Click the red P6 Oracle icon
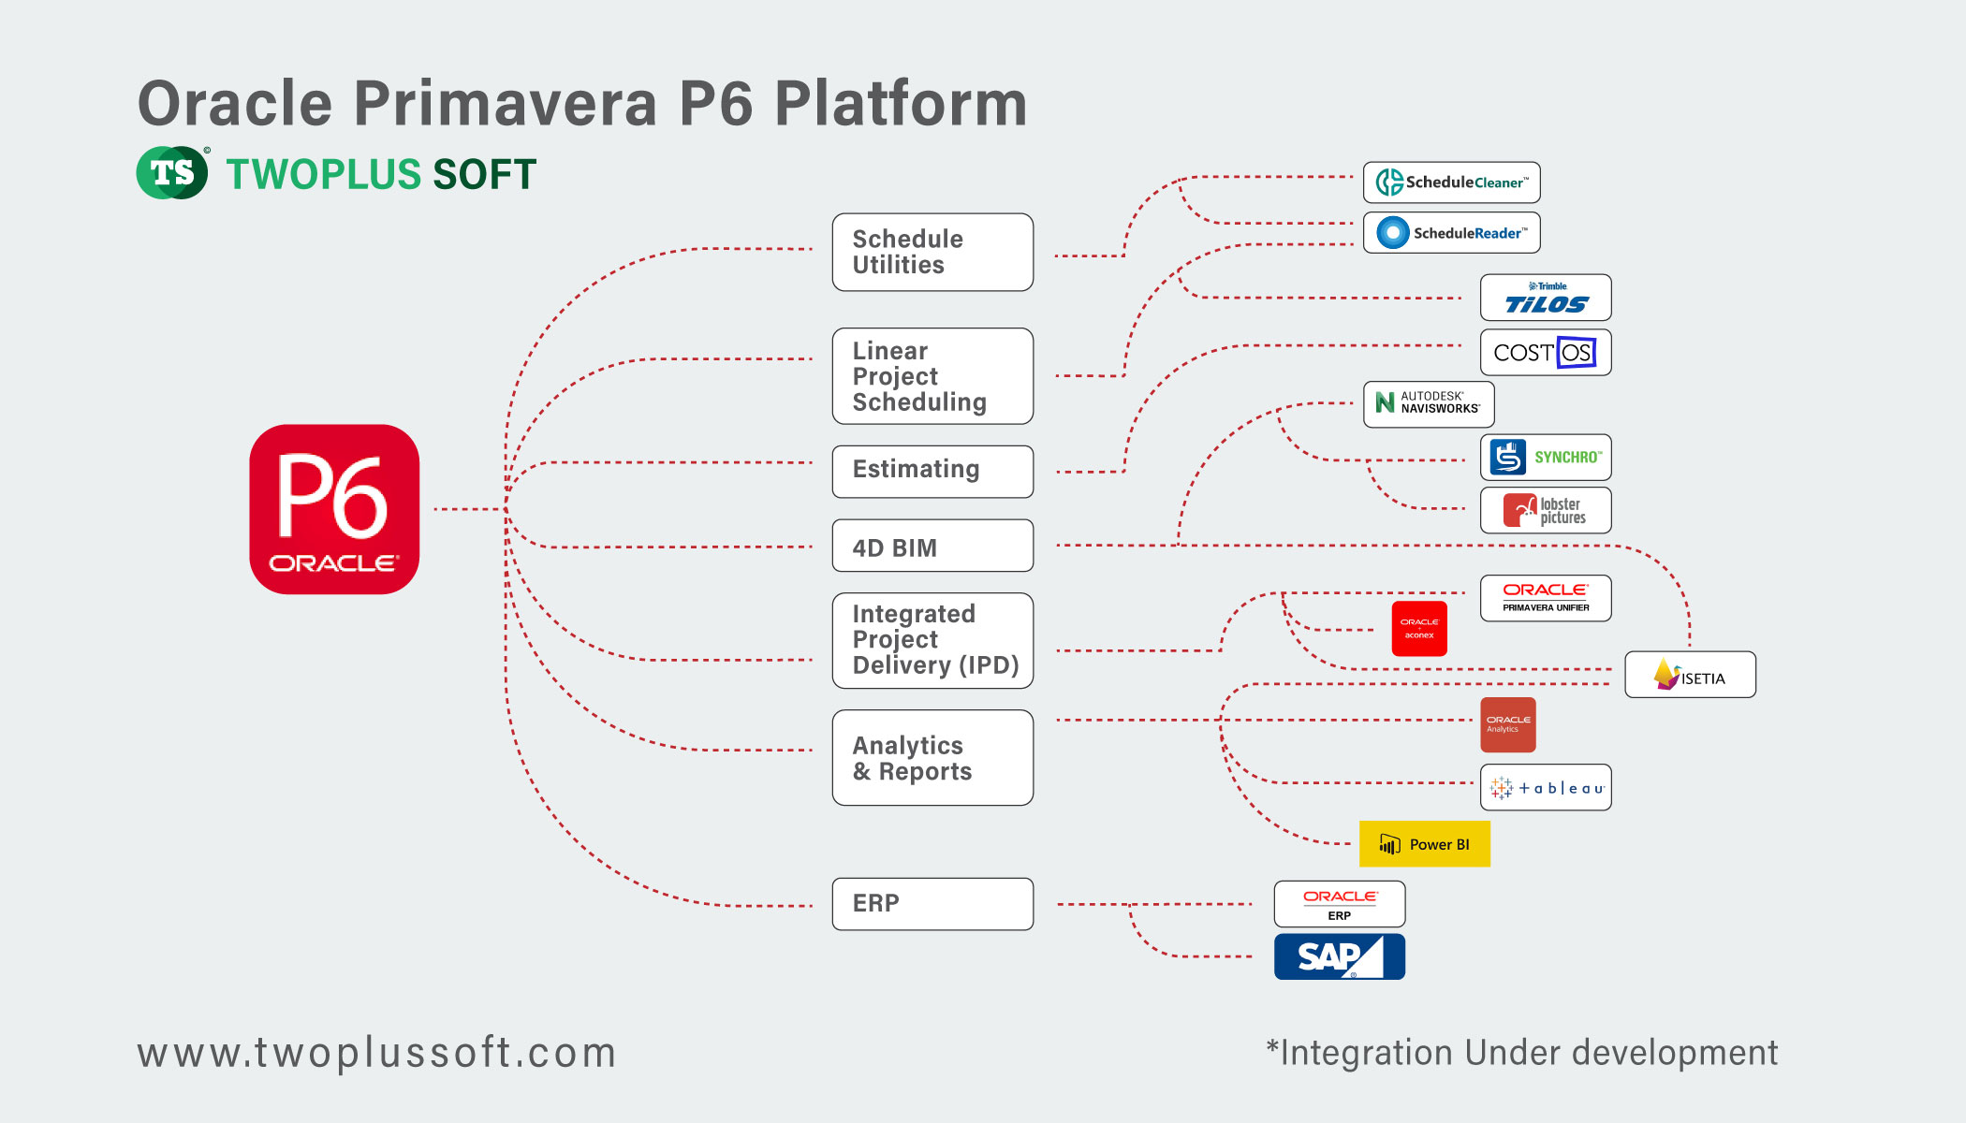coord(334,509)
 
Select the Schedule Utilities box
coord(932,253)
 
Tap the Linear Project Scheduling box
coord(932,376)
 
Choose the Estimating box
coord(932,471)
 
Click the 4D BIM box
coord(932,547)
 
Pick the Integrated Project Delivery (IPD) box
coord(932,641)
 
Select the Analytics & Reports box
coord(932,758)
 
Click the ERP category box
coord(932,904)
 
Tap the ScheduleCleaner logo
coord(1451,182)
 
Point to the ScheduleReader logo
coord(1451,233)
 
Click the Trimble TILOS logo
coord(1546,298)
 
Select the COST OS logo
coord(1546,353)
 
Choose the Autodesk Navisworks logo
coord(1429,404)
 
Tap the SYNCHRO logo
coord(1546,458)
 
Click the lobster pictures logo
coord(1546,510)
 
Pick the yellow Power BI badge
coord(1425,844)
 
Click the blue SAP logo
coord(1340,956)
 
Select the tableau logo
coord(1546,788)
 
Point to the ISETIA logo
coord(1690,675)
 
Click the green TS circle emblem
coord(172,173)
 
